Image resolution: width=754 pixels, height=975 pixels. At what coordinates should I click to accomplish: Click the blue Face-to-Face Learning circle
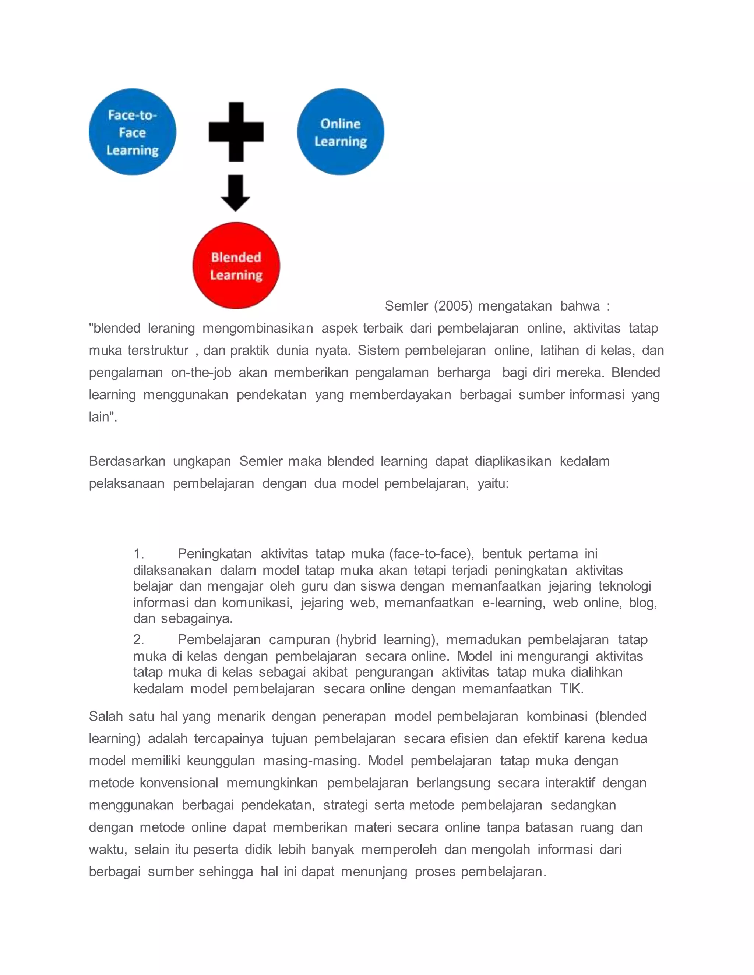(132, 132)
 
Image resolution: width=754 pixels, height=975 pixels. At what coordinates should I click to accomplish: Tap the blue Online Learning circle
(341, 132)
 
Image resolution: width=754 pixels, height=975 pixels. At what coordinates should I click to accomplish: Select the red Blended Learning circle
(236, 266)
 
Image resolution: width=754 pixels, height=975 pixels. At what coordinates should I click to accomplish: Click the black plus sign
(236, 132)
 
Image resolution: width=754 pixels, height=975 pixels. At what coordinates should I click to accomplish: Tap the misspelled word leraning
(172, 329)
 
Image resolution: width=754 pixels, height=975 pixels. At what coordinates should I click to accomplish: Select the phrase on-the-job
(201, 373)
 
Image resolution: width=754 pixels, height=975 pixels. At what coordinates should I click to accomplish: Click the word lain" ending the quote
(103, 417)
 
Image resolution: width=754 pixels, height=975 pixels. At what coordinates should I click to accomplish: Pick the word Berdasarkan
(127, 462)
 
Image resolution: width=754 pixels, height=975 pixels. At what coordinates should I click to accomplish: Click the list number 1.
(138, 554)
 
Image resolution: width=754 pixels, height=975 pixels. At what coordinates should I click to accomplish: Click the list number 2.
(138, 640)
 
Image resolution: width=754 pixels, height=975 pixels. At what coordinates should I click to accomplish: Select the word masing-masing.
(312, 761)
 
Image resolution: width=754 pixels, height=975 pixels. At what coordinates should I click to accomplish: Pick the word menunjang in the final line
(374, 872)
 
